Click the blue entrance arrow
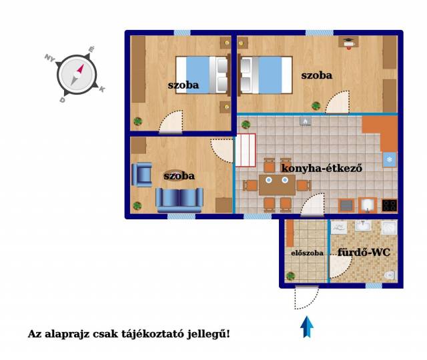[307, 327]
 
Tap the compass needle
[77, 74]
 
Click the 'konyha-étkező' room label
[322, 168]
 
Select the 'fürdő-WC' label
[364, 252]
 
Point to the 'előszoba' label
[307, 253]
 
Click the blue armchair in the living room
[141, 175]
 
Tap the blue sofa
[179, 200]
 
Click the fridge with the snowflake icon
[390, 159]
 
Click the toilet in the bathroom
[390, 275]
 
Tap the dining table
[277, 185]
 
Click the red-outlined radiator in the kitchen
[246, 150]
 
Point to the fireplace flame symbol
[306, 121]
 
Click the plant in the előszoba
[291, 276]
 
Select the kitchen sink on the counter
[368, 205]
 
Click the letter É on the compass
[91, 49]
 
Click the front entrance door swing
[307, 298]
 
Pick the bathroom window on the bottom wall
[374, 286]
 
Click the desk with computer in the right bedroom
[348, 42]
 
